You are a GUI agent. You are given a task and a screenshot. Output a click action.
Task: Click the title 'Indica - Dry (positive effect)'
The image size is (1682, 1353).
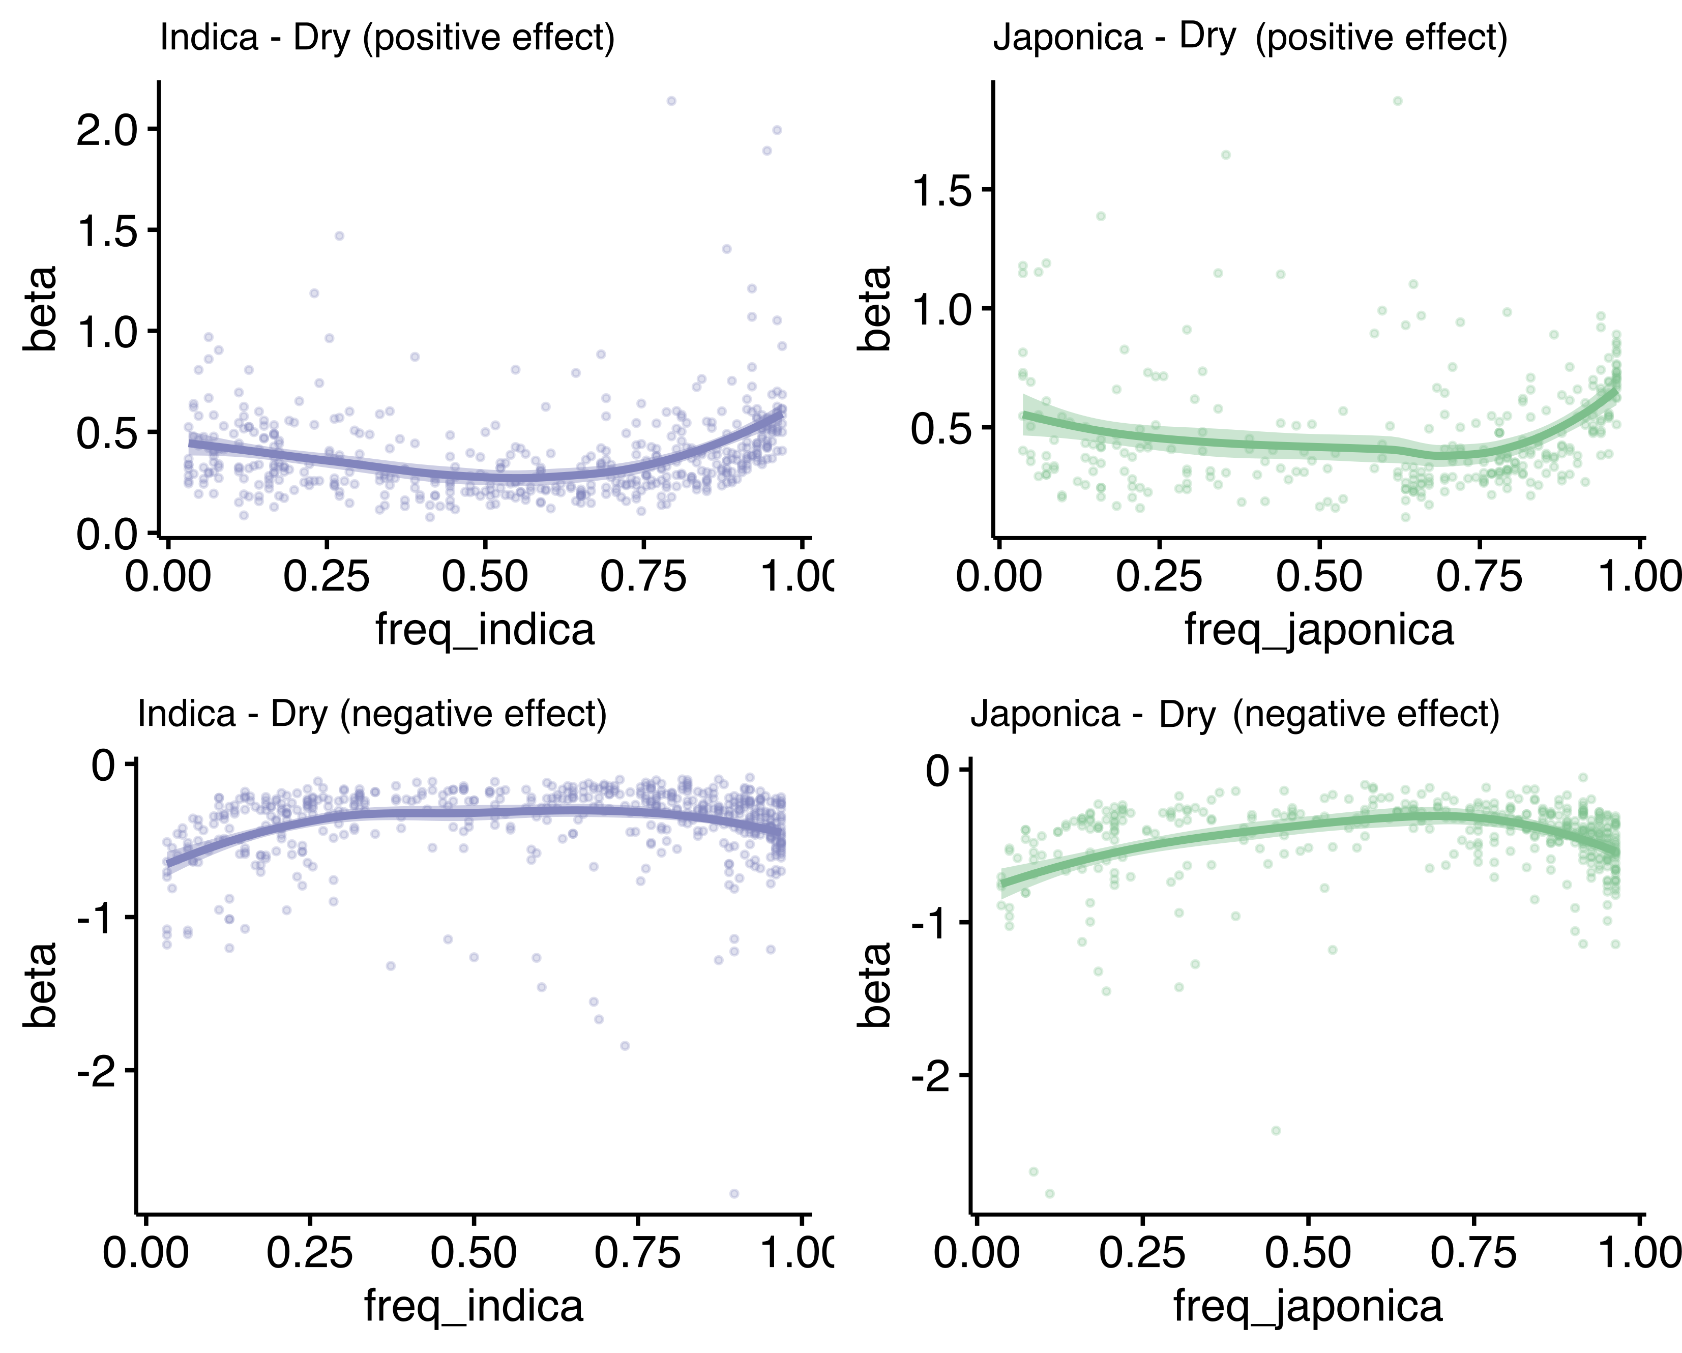tap(387, 38)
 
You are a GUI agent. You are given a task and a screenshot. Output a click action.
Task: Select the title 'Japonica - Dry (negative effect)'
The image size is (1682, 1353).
tap(1234, 714)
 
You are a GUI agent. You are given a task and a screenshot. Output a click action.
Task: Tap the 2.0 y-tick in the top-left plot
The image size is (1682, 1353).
tap(110, 130)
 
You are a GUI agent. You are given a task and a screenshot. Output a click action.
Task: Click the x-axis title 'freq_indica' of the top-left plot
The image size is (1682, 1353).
tap(485, 629)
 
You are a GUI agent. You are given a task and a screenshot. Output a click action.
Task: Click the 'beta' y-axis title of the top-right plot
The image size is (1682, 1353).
tap(874, 308)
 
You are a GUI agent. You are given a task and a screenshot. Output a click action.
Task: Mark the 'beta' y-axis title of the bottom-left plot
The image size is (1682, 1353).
tap(40, 985)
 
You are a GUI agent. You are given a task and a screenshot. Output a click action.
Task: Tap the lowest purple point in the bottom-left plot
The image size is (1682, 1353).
tap(733, 1194)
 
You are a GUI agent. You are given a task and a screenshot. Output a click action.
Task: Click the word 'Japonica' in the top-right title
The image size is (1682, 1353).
tap(1067, 38)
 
